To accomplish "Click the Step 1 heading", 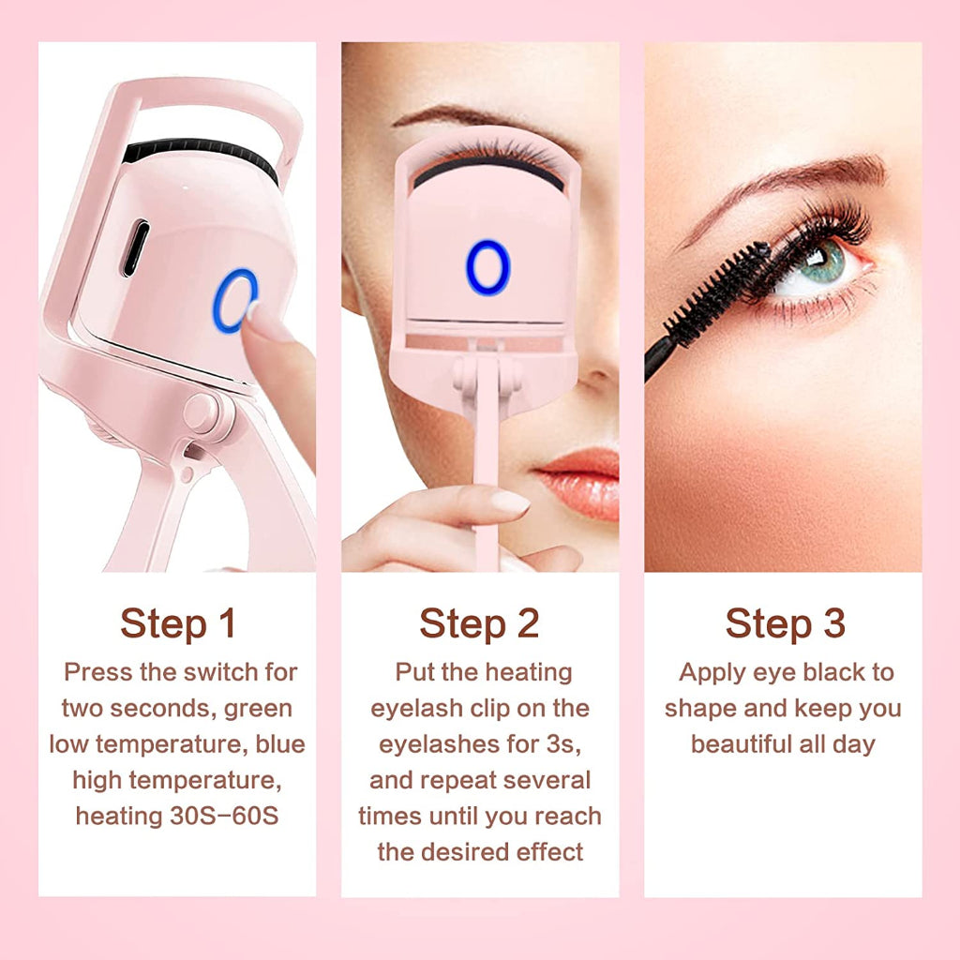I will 177,623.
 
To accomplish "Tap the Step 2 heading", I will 479,623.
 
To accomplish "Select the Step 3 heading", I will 785,623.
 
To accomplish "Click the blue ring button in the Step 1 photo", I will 234,301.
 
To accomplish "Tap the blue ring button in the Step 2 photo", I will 487,267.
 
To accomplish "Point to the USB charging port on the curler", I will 135,247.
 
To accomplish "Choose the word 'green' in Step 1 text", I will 258,708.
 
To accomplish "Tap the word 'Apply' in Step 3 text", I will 712,672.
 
